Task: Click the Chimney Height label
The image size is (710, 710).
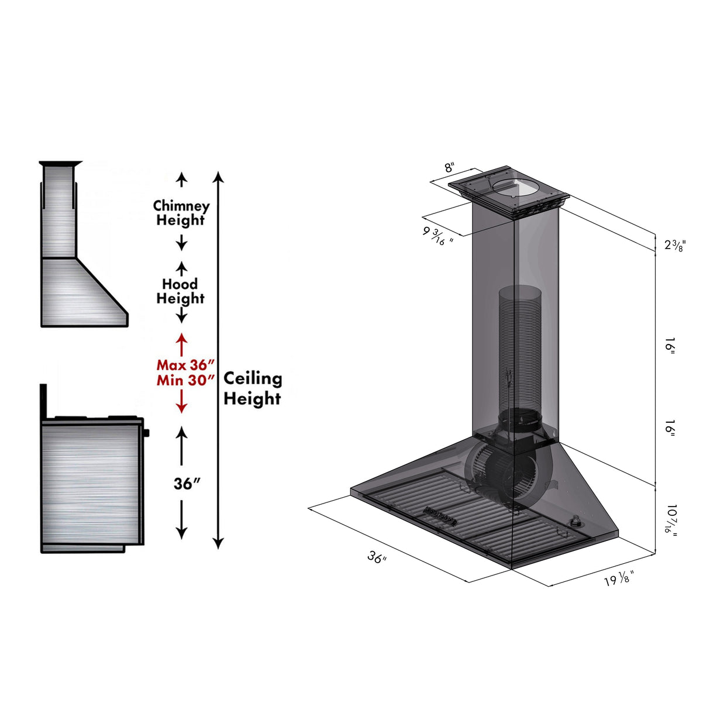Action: [x=181, y=213]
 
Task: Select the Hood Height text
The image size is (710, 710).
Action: [x=180, y=291]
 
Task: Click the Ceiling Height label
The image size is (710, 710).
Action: [x=253, y=388]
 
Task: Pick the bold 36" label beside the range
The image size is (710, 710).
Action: [x=187, y=484]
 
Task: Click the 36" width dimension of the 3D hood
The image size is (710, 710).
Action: [x=377, y=557]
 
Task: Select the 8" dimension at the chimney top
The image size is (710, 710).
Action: [x=449, y=167]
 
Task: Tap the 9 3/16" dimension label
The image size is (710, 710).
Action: [x=438, y=235]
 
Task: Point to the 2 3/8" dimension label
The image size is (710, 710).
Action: [x=674, y=245]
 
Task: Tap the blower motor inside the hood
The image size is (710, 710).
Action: [x=497, y=468]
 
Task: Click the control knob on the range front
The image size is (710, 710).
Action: [x=146, y=433]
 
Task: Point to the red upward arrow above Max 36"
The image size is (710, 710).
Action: [x=182, y=343]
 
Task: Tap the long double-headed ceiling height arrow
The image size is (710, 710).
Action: [x=218, y=360]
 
